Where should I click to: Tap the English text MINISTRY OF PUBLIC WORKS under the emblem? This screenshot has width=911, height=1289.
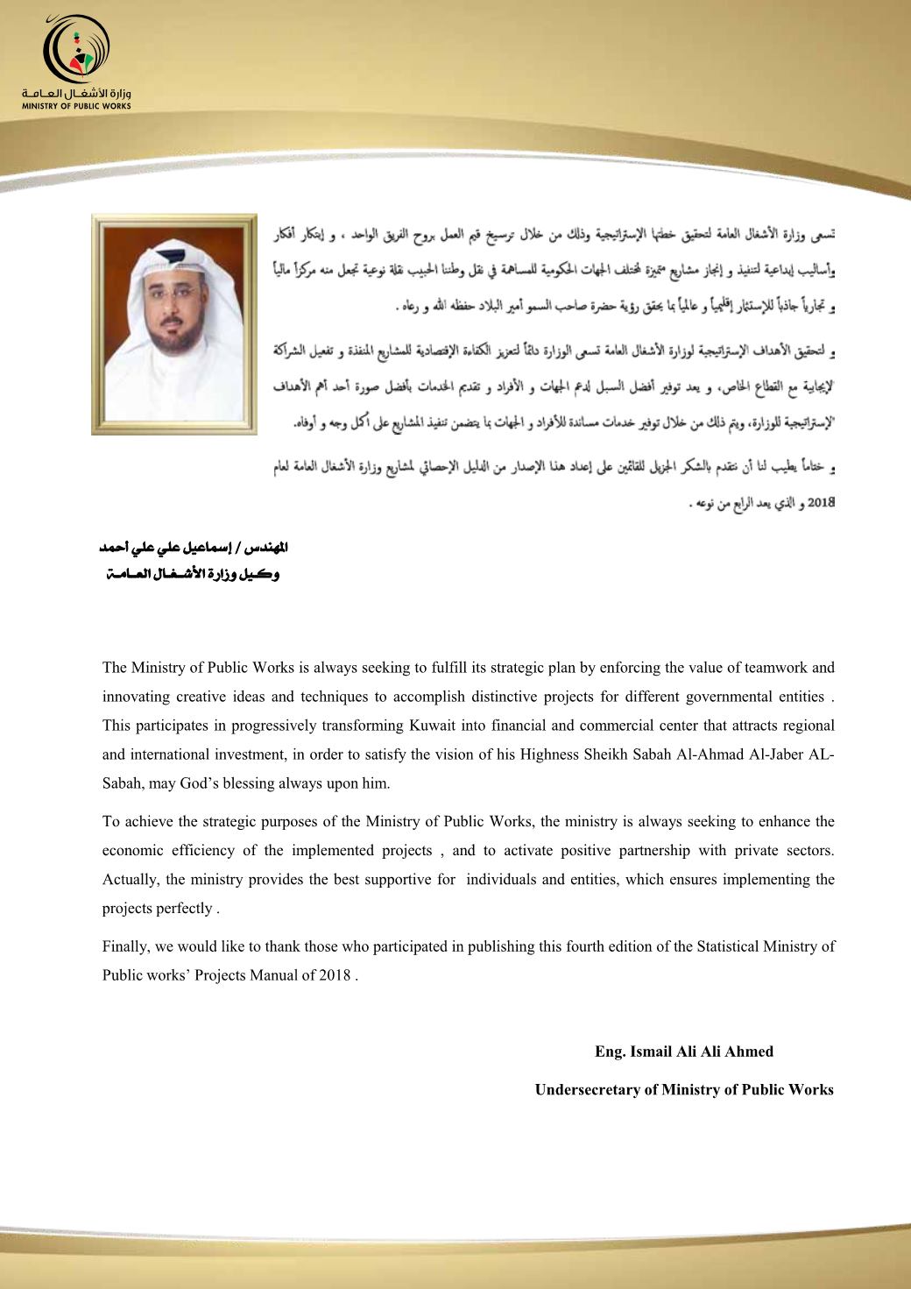(77, 106)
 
